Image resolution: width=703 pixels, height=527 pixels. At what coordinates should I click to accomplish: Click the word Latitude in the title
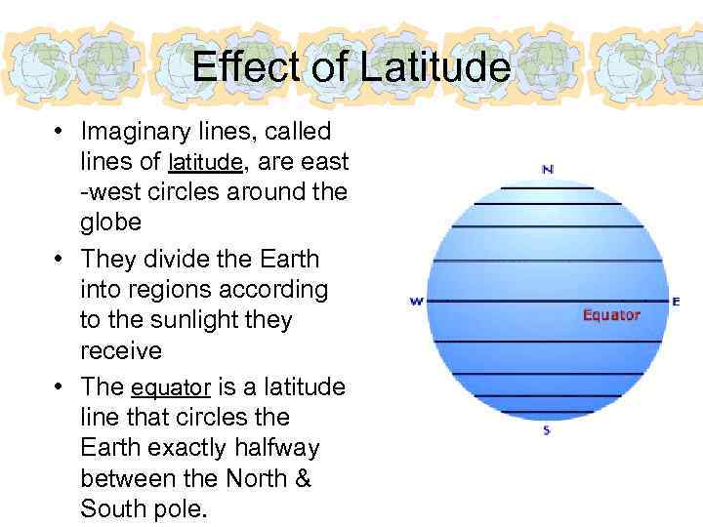click(434, 66)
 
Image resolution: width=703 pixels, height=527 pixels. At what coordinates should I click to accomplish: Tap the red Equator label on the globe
click(611, 314)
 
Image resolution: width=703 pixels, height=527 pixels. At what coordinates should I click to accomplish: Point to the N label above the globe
click(548, 169)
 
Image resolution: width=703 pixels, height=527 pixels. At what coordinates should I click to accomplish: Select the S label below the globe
click(547, 430)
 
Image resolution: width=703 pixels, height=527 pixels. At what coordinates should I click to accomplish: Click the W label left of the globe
click(416, 302)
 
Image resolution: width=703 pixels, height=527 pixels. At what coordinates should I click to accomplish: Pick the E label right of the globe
click(676, 302)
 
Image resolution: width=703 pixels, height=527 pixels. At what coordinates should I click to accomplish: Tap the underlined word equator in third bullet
click(171, 387)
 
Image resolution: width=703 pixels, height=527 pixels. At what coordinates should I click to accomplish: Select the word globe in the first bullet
click(110, 222)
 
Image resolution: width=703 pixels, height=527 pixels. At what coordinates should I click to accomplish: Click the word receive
click(120, 350)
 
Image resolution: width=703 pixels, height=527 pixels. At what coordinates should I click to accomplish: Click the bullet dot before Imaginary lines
click(60, 131)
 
